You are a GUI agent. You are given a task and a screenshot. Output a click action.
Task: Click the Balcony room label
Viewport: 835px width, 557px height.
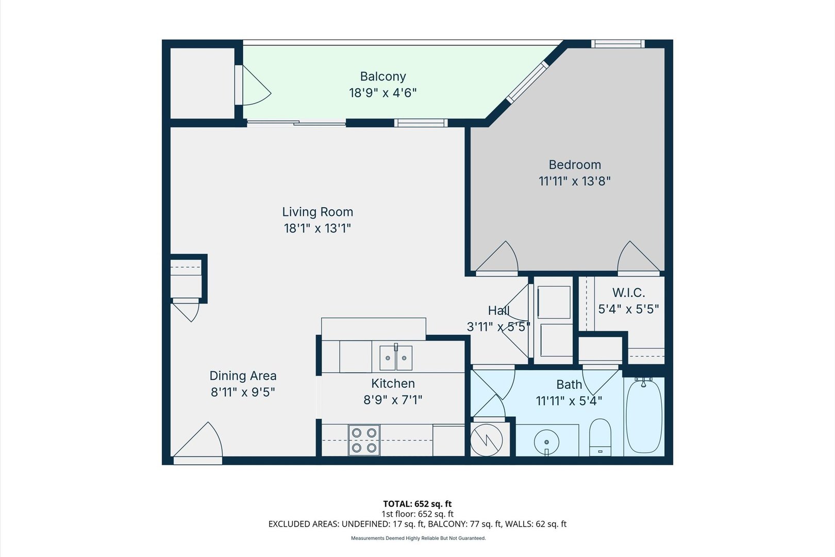tap(383, 76)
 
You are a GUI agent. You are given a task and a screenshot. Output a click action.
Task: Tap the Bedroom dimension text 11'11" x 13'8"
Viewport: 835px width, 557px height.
tap(574, 182)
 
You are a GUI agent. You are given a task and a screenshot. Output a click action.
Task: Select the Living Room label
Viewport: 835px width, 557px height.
tap(317, 212)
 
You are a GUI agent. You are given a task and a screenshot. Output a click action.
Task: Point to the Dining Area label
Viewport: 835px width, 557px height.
tap(243, 375)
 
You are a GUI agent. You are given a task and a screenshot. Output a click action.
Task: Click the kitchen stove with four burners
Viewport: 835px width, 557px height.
tap(364, 440)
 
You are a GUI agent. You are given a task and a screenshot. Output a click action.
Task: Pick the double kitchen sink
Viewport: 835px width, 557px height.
tap(396, 357)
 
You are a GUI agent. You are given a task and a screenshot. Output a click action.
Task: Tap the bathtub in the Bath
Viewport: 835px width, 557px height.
tap(644, 416)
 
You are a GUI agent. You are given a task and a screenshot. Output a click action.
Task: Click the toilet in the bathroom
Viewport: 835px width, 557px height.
tap(600, 437)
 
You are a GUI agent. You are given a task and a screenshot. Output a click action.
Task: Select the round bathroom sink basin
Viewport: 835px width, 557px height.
tap(546, 442)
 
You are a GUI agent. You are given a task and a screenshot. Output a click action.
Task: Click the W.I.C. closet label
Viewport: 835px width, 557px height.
tap(628, 292)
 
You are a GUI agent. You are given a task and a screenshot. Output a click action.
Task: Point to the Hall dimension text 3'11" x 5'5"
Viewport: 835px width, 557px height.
tap(498, 327)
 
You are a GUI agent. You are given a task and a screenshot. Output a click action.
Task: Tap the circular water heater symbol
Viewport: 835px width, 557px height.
tap(487, 440)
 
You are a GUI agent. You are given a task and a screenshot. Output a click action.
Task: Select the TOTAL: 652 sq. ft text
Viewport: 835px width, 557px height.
tap(417, 504)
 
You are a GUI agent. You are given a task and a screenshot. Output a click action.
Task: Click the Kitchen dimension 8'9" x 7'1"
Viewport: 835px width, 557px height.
tap(393, 400)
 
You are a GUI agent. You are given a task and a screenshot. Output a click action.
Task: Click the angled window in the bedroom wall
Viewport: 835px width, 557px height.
tap(527, 81)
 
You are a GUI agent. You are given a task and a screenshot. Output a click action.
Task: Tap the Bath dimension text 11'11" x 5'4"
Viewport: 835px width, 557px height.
tap(569, 401)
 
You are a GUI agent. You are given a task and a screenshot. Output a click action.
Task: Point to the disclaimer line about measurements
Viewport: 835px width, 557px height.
tap(418, 538)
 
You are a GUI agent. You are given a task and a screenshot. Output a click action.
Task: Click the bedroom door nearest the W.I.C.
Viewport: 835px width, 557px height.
tap(638, 257)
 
